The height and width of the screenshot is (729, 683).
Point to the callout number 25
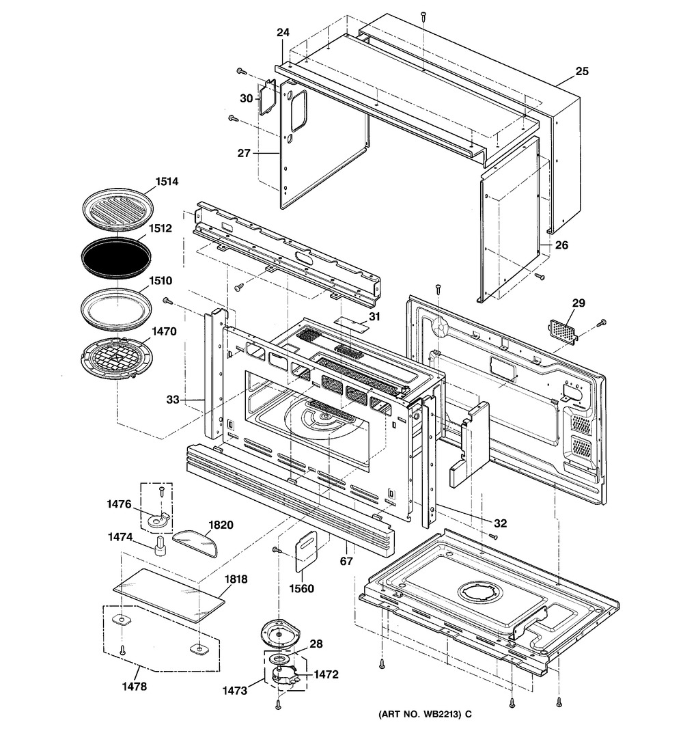click(581, 71)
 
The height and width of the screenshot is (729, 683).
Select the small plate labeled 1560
click(307, 550)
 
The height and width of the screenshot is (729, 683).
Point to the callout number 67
click(346, 562)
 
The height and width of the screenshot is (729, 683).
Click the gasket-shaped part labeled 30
click(266, 99)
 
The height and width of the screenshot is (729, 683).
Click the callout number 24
click(283, 33)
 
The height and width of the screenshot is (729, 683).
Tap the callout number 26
click(561, 245)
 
